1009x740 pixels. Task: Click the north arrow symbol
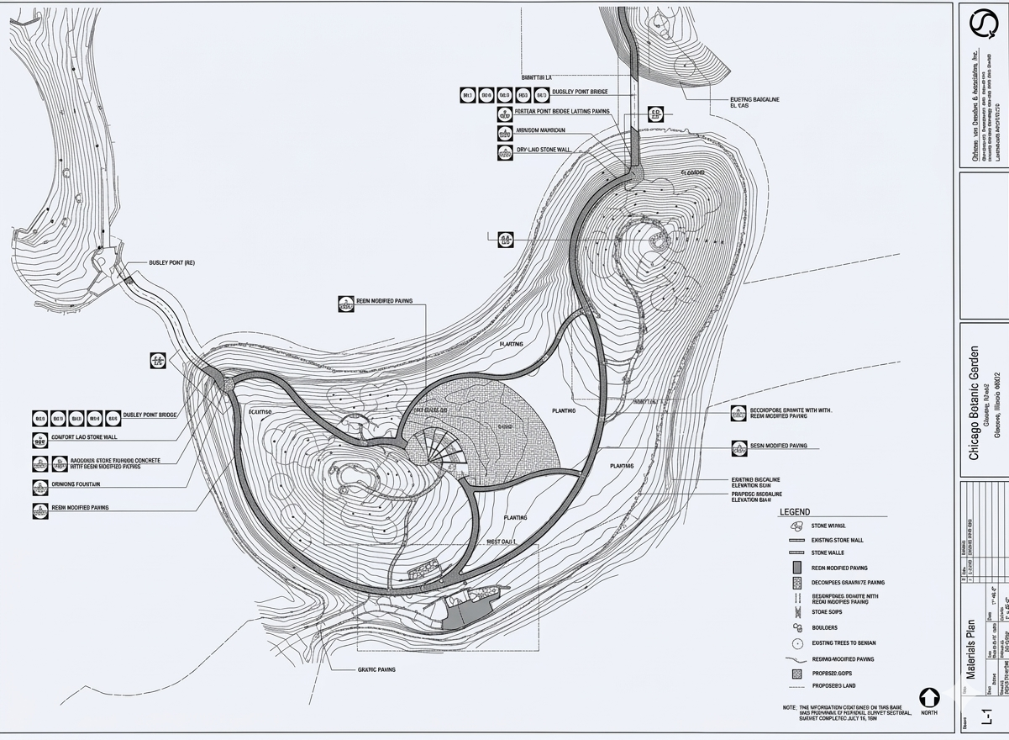pyautogui.click(x=928, y=697)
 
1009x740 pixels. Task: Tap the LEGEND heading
pyautogui.click(x=795, y=511)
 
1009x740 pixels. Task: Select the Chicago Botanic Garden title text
pyautogui.click(x=975, y=403)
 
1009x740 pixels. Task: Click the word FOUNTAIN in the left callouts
pyautogui.click(x=87, y=484)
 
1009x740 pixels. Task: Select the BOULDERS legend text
pyautogui.click(x=826, y=627)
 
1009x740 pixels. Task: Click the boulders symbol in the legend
pyautogui.click(x=796, y=627)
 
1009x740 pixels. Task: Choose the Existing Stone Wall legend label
pyautogui.click(x=837, y=540)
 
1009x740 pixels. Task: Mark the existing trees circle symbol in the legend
pyautogui.click(x=796, y=643)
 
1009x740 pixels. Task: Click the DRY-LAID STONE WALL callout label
pyautogui.click(x=544, y=150)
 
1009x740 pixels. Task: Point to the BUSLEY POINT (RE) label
pyautogui.click(x=171, y=263)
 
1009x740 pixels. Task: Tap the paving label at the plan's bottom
pyautogui.click(x=376, y=669)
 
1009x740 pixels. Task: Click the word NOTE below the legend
pyautogui.click(x=789, y=707)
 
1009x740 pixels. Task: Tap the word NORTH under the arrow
pyautogui.click(x=928, y=713)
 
